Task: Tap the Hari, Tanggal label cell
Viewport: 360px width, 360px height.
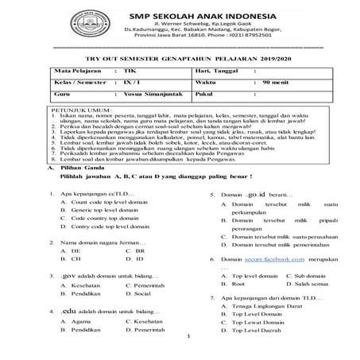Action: coord(212,93)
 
